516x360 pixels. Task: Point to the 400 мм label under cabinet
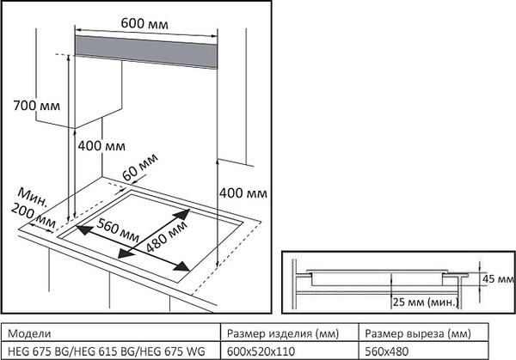(x=101, y=146)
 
